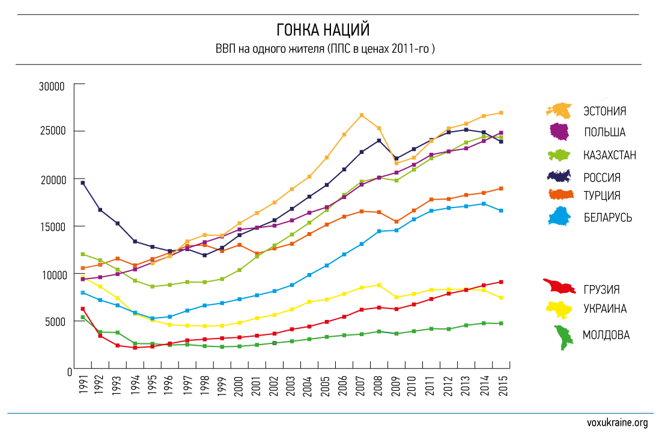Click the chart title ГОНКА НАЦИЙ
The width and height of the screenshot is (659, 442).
[330, 29]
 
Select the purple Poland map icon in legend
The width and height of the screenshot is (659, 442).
[559, 131]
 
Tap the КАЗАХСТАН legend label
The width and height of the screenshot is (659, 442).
[609, 155]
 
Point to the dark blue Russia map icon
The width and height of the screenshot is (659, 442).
[559, 176]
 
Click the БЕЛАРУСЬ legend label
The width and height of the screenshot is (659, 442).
[607, 217]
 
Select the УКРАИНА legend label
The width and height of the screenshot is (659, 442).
[604, 308]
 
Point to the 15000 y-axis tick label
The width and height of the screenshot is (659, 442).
[52, 227]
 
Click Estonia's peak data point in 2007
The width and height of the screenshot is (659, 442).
[362, 115]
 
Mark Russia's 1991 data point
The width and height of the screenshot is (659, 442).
[83, 183]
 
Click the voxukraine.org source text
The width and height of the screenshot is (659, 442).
[617, 423]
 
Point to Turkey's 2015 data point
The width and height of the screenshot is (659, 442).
[501, 188]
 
